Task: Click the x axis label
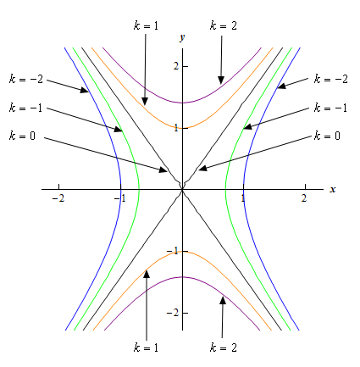coord(333,190)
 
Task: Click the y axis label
coord(182,37)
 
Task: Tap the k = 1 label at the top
coord(146,25)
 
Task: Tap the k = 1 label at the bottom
coord(146,348)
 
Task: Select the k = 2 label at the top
coord(224,25)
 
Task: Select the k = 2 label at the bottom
coord(224,348)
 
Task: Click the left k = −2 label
coord(26,79)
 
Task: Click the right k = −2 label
coord(331,79)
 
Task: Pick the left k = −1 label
coord(25,108)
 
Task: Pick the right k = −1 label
coord(330,108)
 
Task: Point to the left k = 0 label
coord(22,136)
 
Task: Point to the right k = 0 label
coord(327,136)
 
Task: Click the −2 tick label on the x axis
coord(58,198)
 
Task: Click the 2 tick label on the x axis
coord(304,198)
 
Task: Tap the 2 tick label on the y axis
coord(176,66)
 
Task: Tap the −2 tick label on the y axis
coord(173,313)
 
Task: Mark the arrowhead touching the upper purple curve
coord(221,81)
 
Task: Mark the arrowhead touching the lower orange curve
coord(147,274)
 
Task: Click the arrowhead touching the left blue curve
coord(85,90)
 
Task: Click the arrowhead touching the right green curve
coord(248,126)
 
